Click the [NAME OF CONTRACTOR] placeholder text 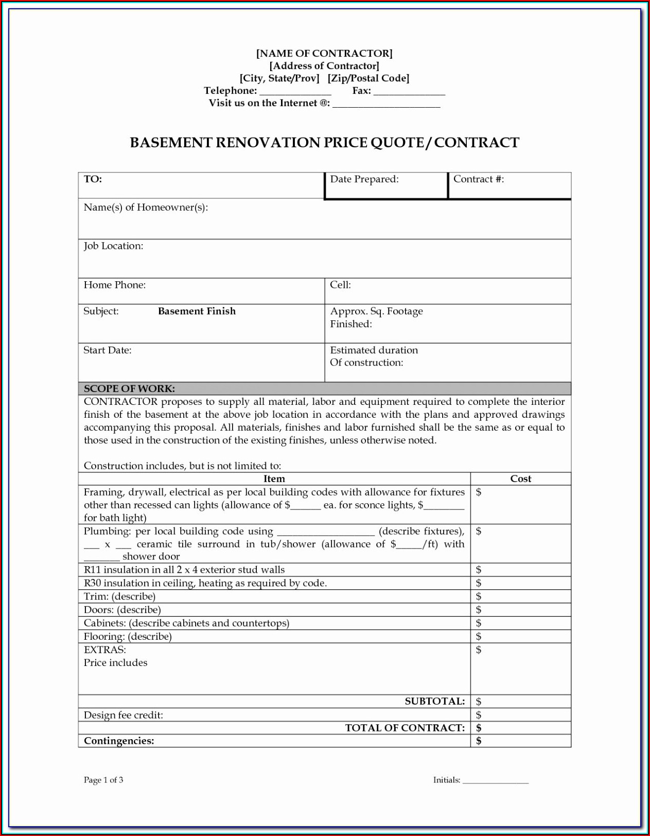(x=324, y=54)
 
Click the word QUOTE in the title (x=396, y=143)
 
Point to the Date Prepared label (x=364, y=179)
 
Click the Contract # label (x=478, y=179)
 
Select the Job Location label (x=113, y=246)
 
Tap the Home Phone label (x=114, y=285)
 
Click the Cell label (x=340, y=285)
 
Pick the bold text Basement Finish (x=197, y=311)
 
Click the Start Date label (x=107, y=350)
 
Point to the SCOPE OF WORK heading (x=129, y=388)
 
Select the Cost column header (x=520, y=479)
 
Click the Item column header (x=274, y=479)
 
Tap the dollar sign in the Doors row (x=479, y=610)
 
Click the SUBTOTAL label (x=434, y=702)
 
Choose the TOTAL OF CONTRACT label (x=405, y=728)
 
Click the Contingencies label (x=119, y=741)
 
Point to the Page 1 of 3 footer (x=103, y=780)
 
